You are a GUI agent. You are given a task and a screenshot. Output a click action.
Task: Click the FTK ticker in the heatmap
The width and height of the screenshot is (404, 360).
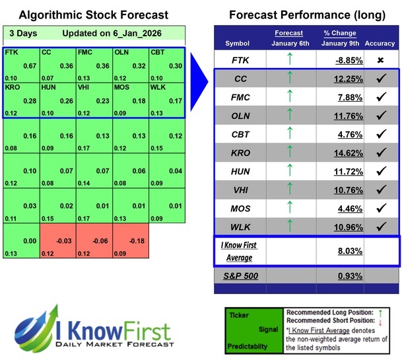[11, 52]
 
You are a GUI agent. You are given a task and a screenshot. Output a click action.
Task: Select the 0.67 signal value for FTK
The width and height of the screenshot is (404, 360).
[29, 65]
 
